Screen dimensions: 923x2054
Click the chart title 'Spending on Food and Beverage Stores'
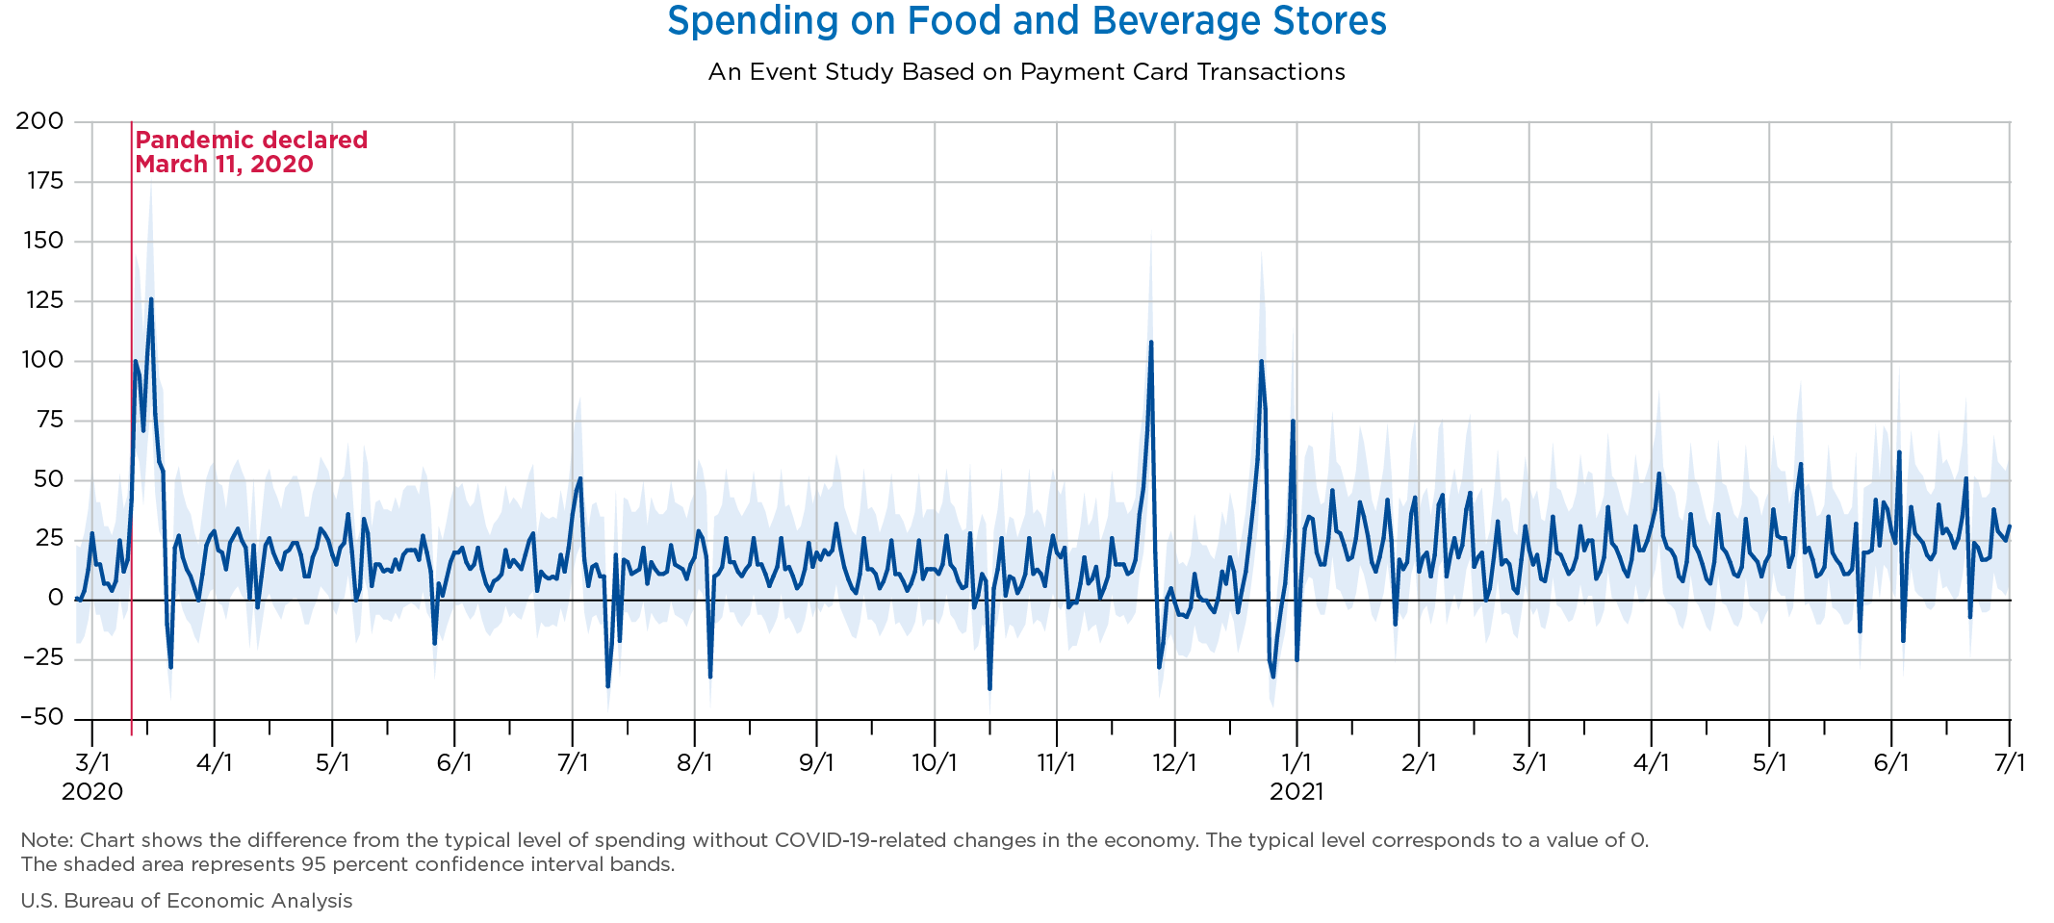(1026, 21)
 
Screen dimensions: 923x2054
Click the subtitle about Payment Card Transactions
(1026, 72)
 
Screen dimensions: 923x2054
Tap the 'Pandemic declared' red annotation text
(251, 141)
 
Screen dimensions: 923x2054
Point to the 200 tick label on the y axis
(39, 121)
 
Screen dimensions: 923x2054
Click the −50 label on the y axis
(39, 718)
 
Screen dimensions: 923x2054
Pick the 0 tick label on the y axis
(55, 599)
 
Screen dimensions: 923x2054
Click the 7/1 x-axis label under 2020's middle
(573, 763)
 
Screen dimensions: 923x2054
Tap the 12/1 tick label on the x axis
(1174, 763)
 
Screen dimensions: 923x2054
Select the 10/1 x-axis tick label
(935, 763)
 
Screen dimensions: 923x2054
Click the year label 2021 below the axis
(1297, 792)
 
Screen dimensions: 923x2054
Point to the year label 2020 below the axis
(92, 792)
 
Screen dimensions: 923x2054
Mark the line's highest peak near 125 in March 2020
(151, 299)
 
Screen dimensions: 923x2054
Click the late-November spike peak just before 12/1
(1151, 342)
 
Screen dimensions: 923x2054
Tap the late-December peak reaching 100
(1261, 362)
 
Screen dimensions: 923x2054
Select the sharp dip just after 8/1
(710, 677)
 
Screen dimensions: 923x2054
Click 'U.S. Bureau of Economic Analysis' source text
(187, 901)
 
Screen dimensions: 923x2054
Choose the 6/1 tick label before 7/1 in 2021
(1891, 763)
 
